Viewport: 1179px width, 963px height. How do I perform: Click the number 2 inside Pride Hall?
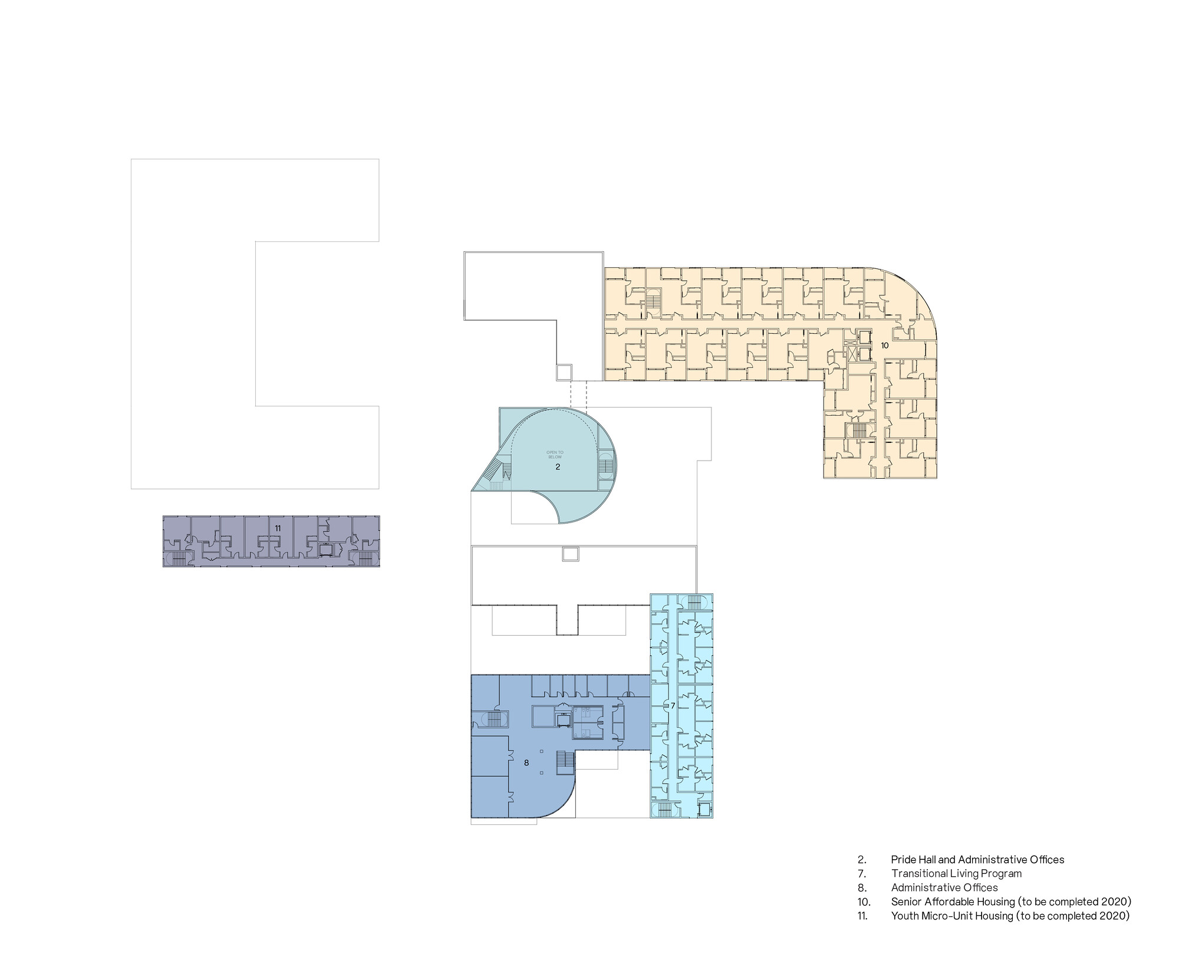[x=558, y=466]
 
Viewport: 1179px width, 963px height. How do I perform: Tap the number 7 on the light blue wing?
[x=673, y=705]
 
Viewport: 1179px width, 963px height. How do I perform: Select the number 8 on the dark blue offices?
[x=526, y=762]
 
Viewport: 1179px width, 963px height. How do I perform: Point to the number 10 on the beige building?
[x=885, y=346]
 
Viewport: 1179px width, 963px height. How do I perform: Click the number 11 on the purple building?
[x=278, y=528]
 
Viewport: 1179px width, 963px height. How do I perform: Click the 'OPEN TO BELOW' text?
[x=555, y=455]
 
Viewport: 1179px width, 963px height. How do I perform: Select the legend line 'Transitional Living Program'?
[x=956, y=873]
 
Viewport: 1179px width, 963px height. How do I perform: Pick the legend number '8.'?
[x=862, y=888]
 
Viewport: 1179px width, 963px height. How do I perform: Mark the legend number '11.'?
[x=862, y=916]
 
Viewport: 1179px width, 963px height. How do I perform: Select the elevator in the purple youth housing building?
[x=325, y=550]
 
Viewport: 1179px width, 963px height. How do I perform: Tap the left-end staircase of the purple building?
[x=179, y=558]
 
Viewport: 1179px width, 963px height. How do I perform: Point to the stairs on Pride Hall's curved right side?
[x=605, y=469]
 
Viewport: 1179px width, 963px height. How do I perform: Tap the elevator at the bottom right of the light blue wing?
[x=704, y=810]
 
